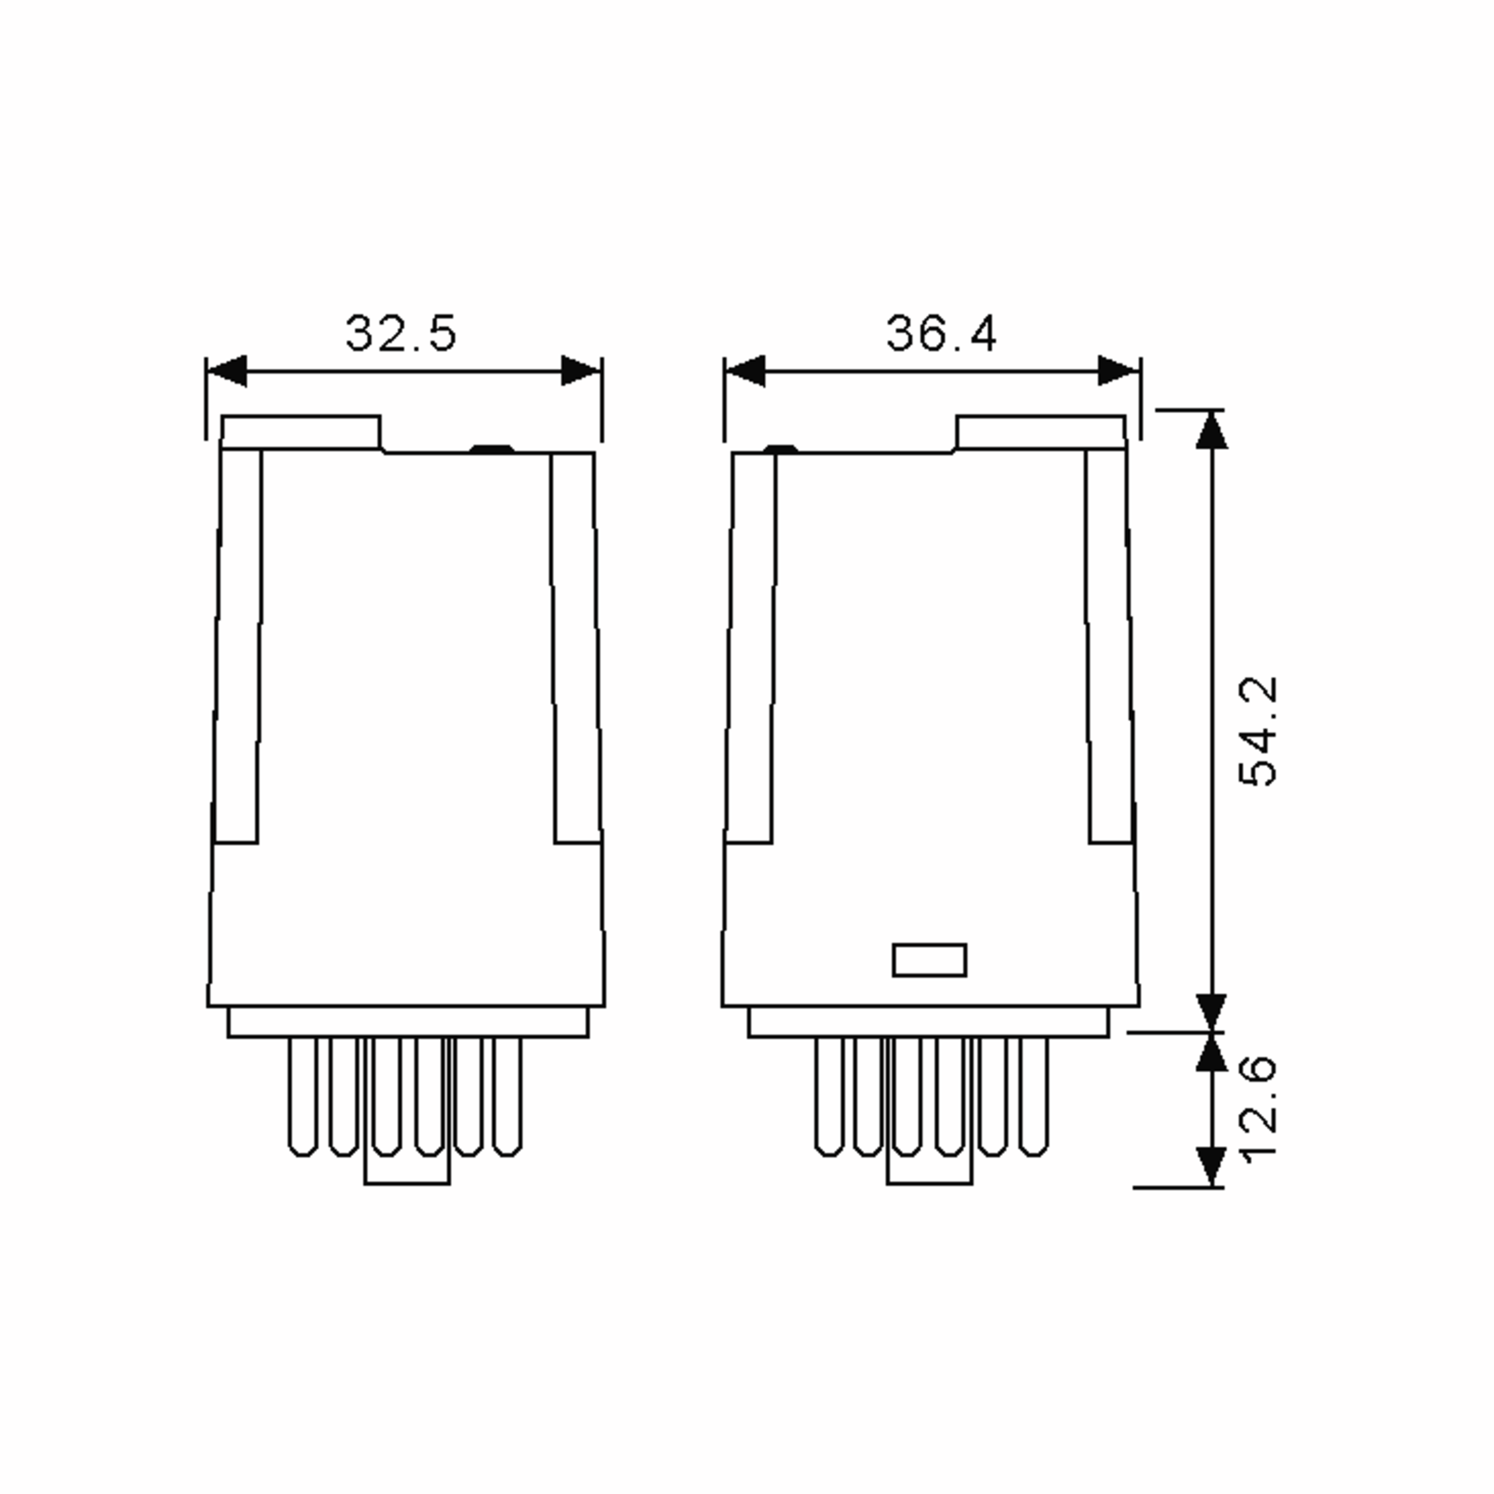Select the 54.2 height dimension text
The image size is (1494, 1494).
[x=1257, y=731]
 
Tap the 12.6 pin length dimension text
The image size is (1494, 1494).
[x=1257, y=1107]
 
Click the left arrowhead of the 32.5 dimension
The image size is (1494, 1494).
[x=228, y=370]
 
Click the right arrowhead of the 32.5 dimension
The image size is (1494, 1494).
[x=580, y=370]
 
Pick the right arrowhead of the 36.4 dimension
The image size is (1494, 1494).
[x=1118, y=370]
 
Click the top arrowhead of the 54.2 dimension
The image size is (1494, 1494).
[x=1211, y=430]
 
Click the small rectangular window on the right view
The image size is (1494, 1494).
[x=929, y=960]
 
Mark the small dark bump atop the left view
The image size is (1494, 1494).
[x=492, y=448]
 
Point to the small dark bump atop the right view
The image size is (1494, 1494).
[x=780, y=448]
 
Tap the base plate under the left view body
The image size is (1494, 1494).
[x=408, y=1022]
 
